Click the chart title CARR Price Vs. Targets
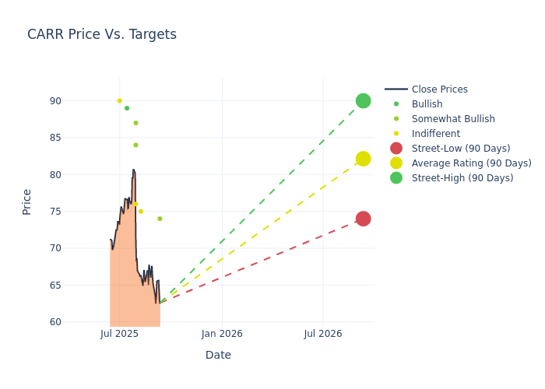click(x=102, y=34)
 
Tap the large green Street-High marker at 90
click(x=363, y=100)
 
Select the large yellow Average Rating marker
click(x=363, y=159)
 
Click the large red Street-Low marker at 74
click(x=363, y=219)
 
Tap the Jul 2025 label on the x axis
click(x=120, y=334)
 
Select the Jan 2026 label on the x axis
click(x=222, y=334)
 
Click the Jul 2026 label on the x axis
click(x=323, y=334)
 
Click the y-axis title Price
click(x=27, y=202)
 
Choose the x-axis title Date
click(x=218, y=356)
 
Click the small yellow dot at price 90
click(x=119, y=100)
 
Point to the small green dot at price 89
click(x=127, y=108)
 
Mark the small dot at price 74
click(x=160, y=219)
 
